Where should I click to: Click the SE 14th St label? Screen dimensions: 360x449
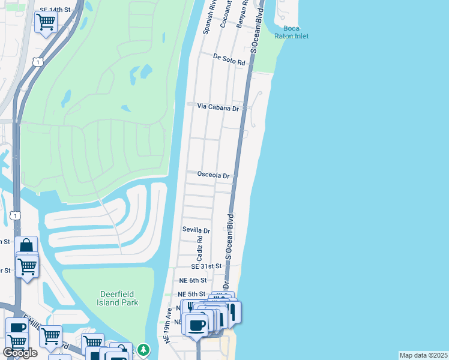[55, 10]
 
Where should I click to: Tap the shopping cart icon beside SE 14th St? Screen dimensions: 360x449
[46, 23]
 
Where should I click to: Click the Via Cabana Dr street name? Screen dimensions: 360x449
[218, 107]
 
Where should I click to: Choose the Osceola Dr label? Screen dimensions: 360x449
[214, 176]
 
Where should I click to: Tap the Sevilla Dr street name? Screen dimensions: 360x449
[196, 230]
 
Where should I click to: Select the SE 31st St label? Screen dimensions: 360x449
[206, 266]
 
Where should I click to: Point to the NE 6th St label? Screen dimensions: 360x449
[193, 280]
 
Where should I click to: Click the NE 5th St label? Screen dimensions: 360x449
[192, 294]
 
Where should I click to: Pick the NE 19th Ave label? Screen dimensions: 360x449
[169, 326]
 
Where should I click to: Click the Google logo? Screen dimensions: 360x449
[20, 353]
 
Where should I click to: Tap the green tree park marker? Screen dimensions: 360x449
[143, 349]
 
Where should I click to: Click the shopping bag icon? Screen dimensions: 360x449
[26, 246]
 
